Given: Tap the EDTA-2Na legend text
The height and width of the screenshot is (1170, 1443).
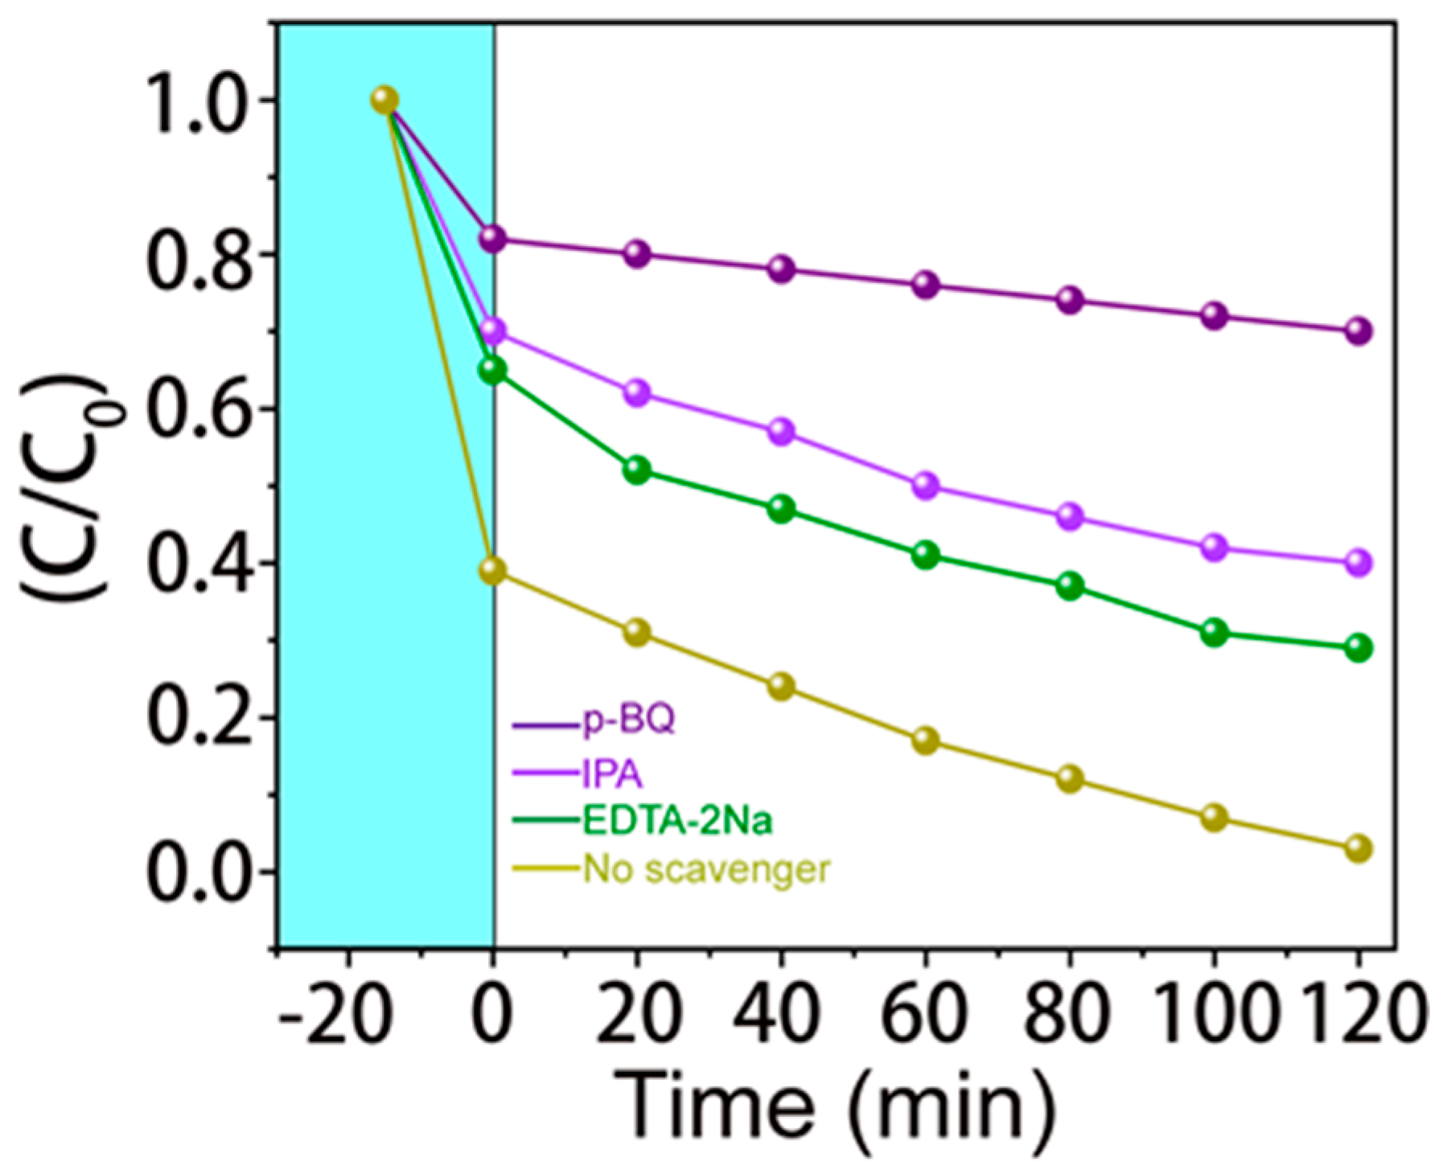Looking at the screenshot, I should coord(677,821).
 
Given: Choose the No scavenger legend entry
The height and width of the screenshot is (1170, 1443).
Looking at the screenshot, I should coord(706,868).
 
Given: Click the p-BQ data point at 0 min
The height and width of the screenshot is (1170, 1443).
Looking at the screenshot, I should coord(493,238).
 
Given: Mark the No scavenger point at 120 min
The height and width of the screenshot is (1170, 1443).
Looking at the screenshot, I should coord(1359,848).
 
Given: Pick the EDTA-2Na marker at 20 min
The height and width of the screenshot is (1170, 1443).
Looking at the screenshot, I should coord(637,470).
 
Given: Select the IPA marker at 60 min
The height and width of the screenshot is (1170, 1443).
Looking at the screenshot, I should coord(926,486).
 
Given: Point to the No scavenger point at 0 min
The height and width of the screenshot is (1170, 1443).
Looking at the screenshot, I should coord(493,571).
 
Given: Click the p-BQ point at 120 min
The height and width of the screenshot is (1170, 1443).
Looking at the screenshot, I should coord(1359,330).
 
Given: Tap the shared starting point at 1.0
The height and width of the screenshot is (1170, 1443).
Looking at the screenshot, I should coord(385,100).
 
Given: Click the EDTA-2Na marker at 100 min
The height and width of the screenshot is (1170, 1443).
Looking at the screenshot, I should coord(1215,633).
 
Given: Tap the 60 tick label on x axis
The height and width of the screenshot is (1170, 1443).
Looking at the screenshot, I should coord(925,1015).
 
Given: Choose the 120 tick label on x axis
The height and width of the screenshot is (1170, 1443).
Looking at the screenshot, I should coord(1359,1015).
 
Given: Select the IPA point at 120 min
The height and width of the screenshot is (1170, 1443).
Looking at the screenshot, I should coord(1359,562).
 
